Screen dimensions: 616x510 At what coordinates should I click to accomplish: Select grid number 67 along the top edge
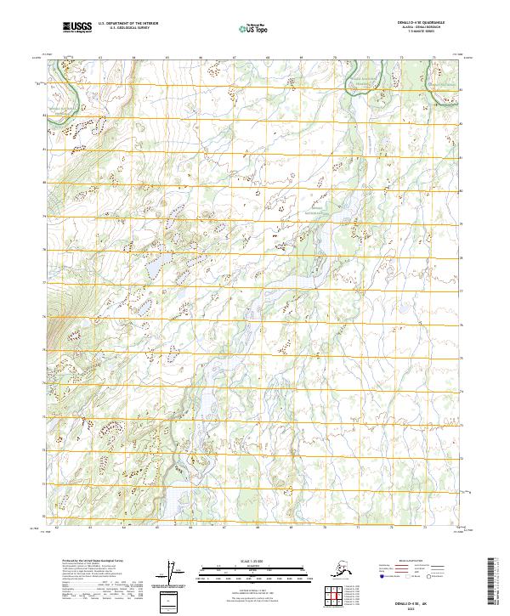click(235, 58)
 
